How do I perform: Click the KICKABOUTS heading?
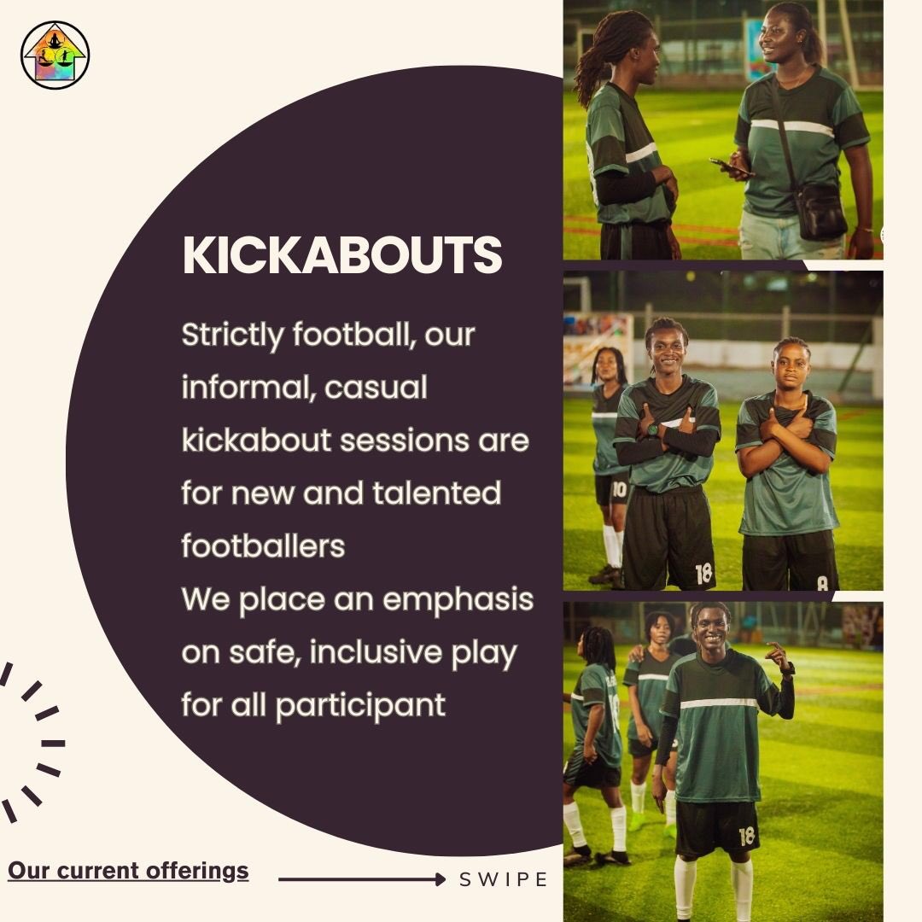tap(342, 254)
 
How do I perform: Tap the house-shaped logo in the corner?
tap(55, 55)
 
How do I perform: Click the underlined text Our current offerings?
tap(128, 871)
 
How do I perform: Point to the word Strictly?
tap(231, 336)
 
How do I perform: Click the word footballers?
tap(263, 546)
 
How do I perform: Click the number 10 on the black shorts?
tap(617, 489)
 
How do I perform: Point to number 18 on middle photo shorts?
tap(703, 574)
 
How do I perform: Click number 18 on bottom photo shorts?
tap(747, 835)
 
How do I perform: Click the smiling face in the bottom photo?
tap(711, 629)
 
